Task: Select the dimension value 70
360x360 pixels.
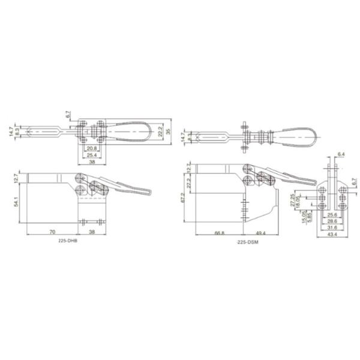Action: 52,230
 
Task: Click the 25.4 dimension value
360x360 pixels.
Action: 92,155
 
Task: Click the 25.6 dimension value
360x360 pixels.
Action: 332,214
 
